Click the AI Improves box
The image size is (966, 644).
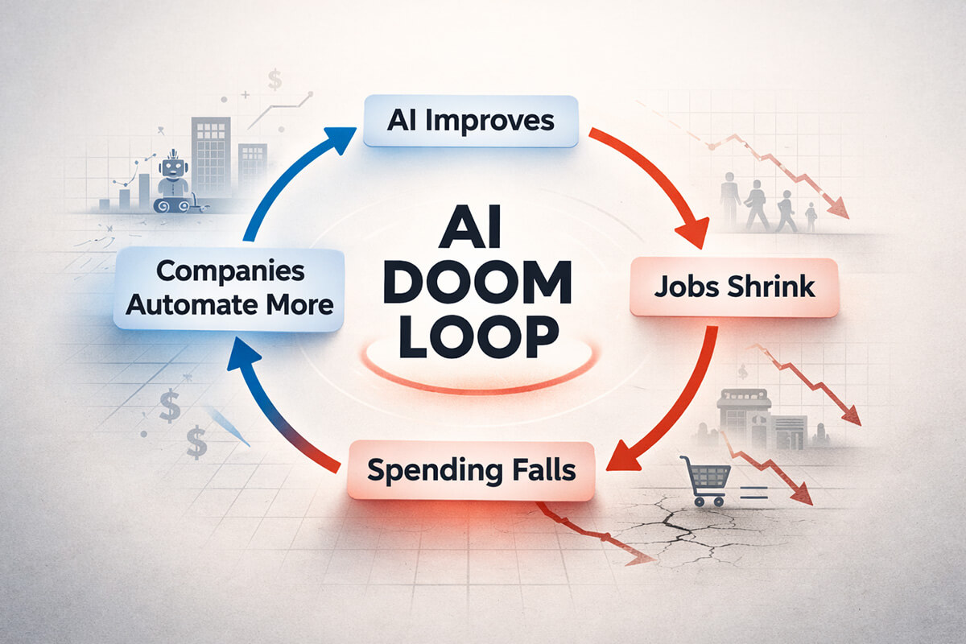(x=470, y=122)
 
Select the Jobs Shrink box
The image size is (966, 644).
(x=734, y=287)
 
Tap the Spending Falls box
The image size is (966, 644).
(x=472, y=470)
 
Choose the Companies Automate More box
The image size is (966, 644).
(x=229, y=288)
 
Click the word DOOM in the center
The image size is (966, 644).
(x=482, y=283)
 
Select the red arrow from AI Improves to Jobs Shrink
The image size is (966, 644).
(x=660, y=177)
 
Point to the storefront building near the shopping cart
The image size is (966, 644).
(x=744, y=419)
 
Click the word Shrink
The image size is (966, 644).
(x=771, y=287)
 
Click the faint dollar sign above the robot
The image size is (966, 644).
(x=275, y=80)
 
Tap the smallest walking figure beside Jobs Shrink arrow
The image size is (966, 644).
(x=811, y=217)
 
